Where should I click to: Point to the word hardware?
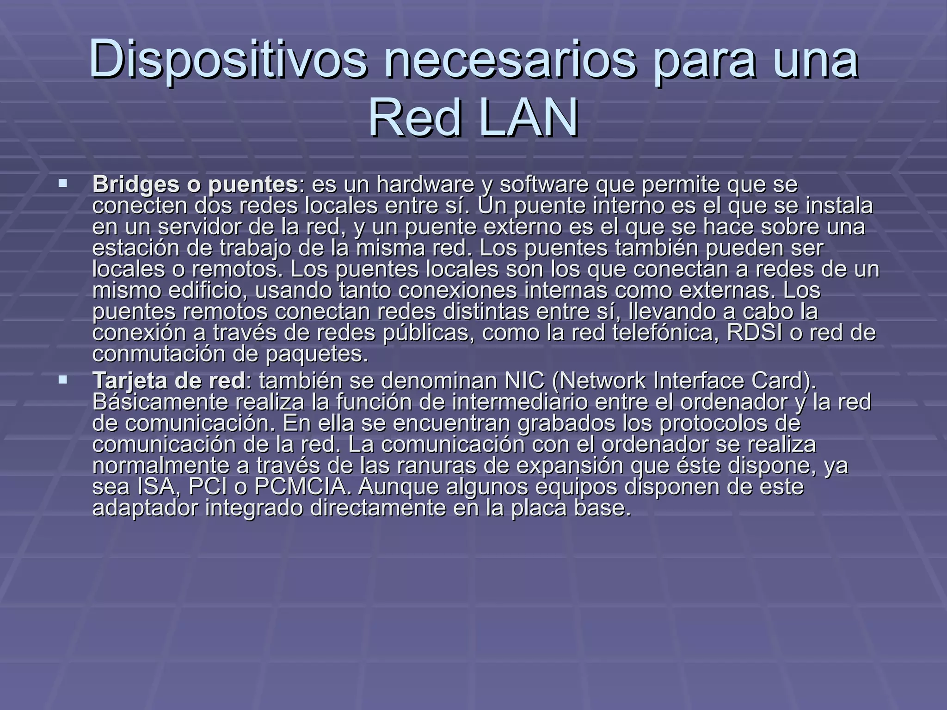(425, 184)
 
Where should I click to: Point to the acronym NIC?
(525, 381)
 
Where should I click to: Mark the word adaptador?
(145, 508)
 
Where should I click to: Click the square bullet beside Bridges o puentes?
(63, 184)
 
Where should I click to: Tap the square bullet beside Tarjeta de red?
(63, 380)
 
